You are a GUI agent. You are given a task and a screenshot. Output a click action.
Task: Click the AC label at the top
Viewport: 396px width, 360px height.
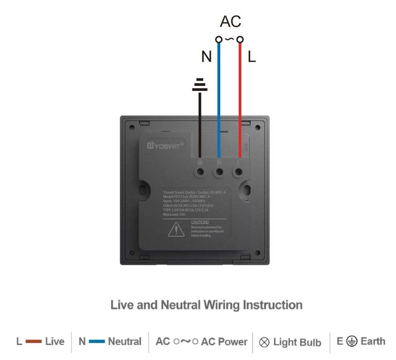(x=231, y=21)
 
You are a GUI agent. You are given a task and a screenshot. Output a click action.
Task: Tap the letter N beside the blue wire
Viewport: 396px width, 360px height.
(x=206, y=57)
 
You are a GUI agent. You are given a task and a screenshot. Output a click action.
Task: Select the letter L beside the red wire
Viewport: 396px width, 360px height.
(x=252, y=57)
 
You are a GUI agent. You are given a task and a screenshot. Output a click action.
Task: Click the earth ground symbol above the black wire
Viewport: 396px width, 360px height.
(x=200, y=85)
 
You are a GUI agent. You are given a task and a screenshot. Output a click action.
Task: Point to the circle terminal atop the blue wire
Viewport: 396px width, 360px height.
(x=219, y=39)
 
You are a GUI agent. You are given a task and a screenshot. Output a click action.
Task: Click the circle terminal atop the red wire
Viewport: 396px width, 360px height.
(x=240, y=39)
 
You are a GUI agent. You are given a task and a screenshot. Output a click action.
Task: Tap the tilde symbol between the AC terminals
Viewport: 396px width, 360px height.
(x=229, y=39)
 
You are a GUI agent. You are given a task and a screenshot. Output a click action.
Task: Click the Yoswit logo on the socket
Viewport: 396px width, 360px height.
(x=165, y=145)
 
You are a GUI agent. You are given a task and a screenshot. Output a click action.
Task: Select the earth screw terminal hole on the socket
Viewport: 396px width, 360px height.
(x=200, y=172)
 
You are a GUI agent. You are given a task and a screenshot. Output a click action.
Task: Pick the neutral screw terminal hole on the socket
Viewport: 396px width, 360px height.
(x=220, y=172)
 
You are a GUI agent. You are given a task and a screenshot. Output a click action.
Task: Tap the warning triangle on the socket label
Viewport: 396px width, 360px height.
(x=176, y=229)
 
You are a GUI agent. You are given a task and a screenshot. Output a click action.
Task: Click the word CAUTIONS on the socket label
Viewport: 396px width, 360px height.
(x=200, y=222)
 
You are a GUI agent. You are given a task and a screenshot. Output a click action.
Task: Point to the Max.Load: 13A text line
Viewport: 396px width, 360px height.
(x=174, y=214)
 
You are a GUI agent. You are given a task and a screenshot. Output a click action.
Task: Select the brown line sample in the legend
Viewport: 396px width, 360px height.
(x=33, y=341)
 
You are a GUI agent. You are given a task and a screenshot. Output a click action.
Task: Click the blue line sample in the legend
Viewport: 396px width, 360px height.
(x=97, y=341)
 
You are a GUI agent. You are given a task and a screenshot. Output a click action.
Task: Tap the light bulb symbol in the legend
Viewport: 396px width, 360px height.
(x=264, y=342)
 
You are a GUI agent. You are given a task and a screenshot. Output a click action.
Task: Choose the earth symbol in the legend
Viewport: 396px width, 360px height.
(x=352, y=341)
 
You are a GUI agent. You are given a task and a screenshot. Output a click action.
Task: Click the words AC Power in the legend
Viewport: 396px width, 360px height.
(x=224, y=341)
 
